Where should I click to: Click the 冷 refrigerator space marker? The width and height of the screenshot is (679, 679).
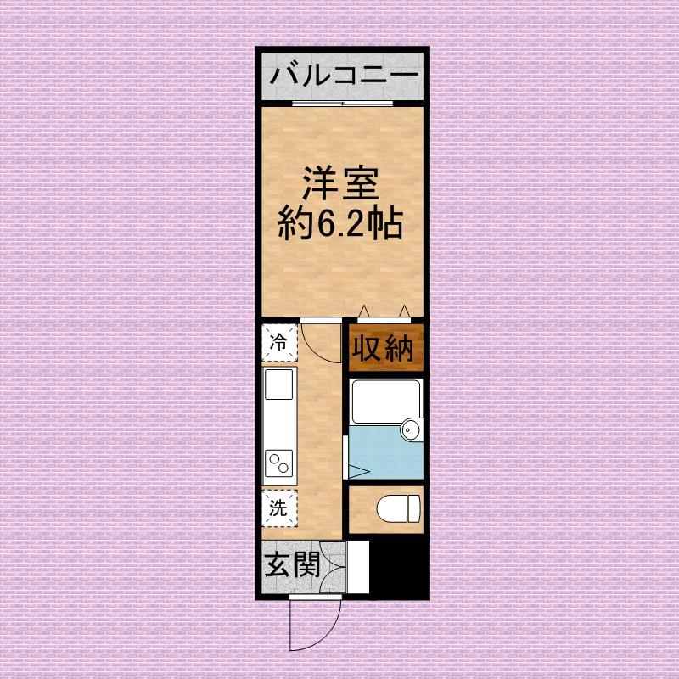pyautogui.click(x=278, y=343)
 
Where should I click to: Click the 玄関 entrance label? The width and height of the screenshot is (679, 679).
pyautogui.click(x=291, y=565)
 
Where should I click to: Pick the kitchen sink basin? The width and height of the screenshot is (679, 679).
pyautogui.click(x=279, y=384)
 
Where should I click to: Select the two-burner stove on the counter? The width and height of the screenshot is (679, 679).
pyautogui.click(x=279, y=463)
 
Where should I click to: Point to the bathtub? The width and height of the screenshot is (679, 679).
pyautogui.click(x=385, y=402)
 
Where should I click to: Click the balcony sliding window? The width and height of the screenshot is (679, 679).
pyautogui.click(x=344, y=104)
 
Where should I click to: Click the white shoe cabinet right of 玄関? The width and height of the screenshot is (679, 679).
pyautogui.click(x=358, y=567)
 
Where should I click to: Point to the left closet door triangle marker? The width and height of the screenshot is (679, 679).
pyautogui.click(x=364, y=311)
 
